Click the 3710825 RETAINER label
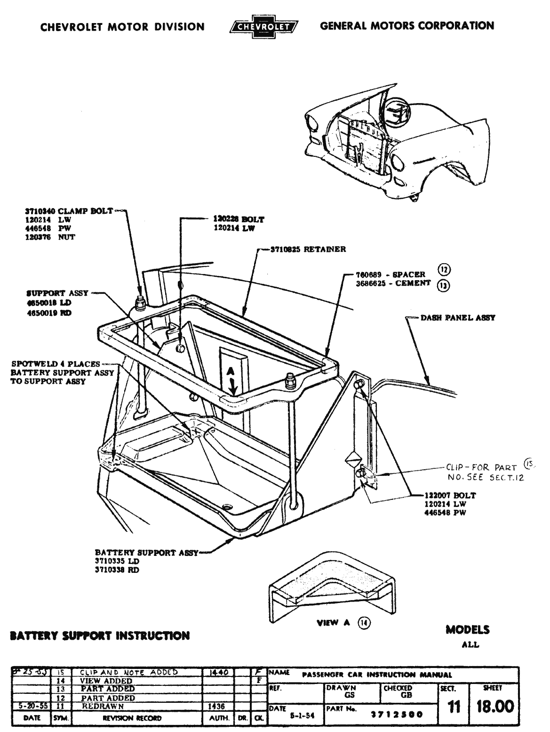[308, 249]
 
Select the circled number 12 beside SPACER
[443, 269]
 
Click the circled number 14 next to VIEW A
[364, 622]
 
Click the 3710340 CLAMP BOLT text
[69, 211]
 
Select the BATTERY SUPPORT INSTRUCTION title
[100, 636]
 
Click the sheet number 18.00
[493, 707]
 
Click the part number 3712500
[397, 714]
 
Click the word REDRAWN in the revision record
[103, 706]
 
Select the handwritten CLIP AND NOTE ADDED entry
[129, 672]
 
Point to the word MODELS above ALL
[467, 630]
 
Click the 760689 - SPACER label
[391, 274]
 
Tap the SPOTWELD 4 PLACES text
[56, 364]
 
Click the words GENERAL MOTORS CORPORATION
[407, 25]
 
